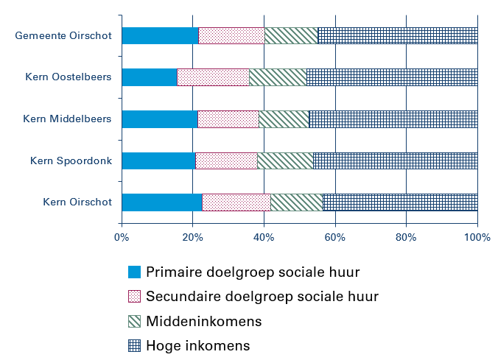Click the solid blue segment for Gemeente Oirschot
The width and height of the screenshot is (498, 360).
[160, 35]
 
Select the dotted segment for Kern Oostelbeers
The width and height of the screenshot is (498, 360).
[213, 77]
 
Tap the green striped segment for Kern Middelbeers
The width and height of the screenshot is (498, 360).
[284, 119]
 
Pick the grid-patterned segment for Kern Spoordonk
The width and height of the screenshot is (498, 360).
[395, 160]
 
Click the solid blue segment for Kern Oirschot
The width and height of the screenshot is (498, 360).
[161, 202]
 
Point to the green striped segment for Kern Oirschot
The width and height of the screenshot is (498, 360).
[296, 202]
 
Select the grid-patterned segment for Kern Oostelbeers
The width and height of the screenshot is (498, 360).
[392, 77]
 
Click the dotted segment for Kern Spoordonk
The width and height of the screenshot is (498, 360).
[226, 160]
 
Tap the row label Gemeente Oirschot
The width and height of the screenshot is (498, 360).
[63, 35]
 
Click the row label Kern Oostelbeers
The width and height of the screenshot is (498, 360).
[68, 77]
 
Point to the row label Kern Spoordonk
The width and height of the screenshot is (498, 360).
[71, 160]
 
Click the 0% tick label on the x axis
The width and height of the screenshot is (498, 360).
[122, 238]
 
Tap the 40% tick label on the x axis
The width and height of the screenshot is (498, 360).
[264, 238]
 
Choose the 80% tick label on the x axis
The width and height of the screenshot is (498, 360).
[406, 238]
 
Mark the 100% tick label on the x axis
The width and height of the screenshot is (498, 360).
[477, 238]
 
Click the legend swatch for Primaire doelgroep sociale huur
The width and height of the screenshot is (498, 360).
[134, 272]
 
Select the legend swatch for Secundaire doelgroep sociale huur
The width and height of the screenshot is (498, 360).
[134, 297]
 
